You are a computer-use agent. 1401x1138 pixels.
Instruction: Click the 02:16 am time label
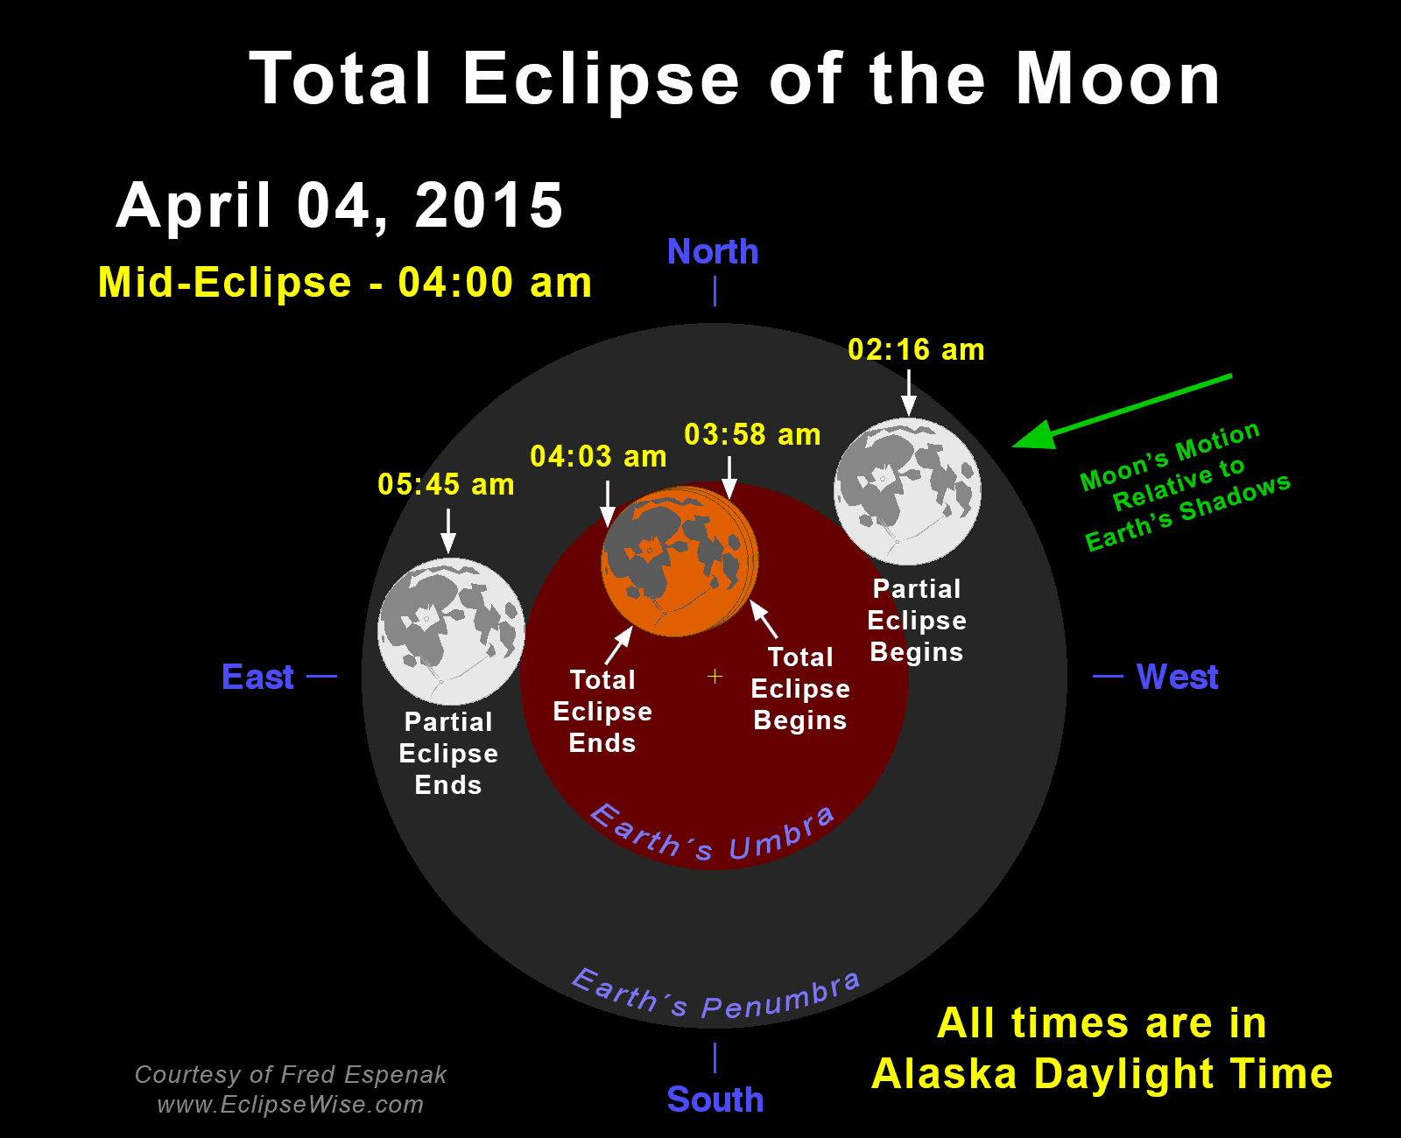[x=916, y=350]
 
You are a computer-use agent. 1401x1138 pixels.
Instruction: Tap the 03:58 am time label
[x=752, y=434]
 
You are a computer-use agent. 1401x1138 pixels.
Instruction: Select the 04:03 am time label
[x=599, y=456]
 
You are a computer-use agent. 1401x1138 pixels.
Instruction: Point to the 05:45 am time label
[x=446, y=484]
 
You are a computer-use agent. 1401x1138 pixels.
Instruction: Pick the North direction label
[x=713, y=252]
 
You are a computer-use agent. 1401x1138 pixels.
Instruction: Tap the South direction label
[x=715, y=1099]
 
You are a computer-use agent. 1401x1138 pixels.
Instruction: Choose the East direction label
[x=257, y=678]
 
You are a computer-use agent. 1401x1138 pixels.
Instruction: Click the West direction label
[x=1178, y=677]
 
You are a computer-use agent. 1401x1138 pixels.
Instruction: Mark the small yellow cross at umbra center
[x=715, y=677]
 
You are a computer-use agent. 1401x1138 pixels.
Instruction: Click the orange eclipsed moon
[x=679, y=561]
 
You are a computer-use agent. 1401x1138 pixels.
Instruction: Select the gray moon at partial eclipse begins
[x=908, y=491]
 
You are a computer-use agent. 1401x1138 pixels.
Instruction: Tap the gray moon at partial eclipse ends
[x=451, y=631]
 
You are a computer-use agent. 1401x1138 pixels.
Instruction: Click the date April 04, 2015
[x=340, y=207]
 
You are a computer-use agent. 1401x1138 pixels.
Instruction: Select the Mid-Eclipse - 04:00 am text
[x=345, y=283]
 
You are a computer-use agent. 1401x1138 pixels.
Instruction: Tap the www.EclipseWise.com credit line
[x=290, y=1105]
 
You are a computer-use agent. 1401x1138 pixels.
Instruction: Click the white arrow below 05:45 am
[x=448, y=531]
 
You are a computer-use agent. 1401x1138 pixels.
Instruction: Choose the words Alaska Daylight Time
[x=1102, y=1074]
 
